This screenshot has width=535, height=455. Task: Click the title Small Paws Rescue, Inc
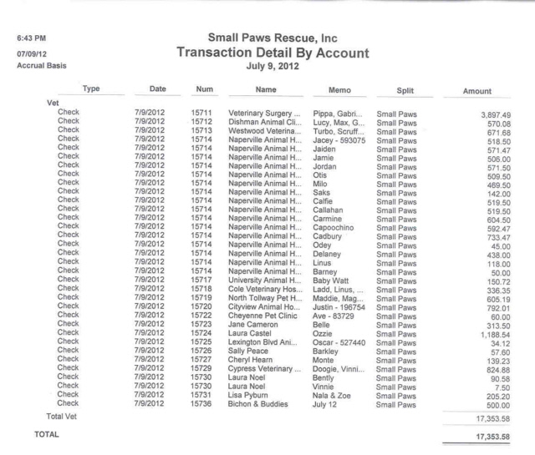267,38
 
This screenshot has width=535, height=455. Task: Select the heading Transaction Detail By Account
267,53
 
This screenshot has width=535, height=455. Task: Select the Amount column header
483,88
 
